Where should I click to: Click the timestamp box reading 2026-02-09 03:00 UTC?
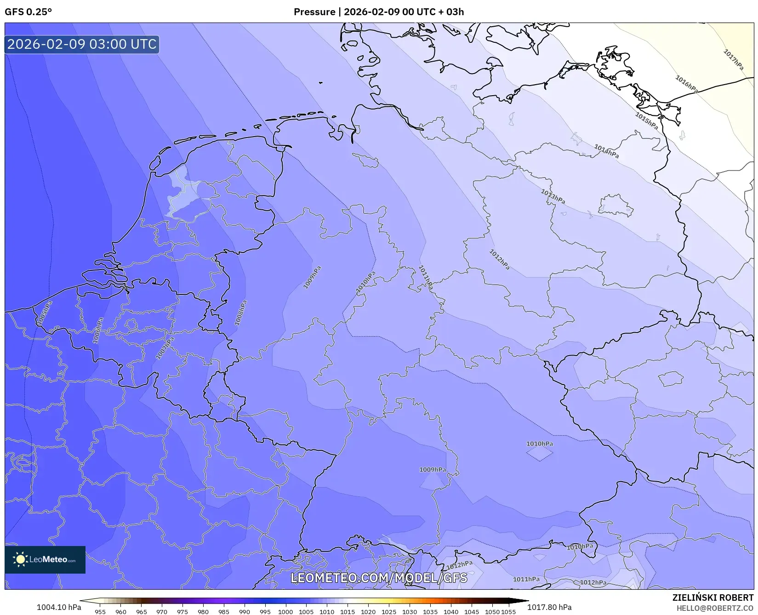click(x=82, y=44)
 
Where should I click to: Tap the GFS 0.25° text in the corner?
click(x=28, y=12)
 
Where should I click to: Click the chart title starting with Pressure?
click(x=379, y=12)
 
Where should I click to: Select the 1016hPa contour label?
click(x=686, y=84)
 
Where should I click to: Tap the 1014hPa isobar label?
click(x=606, y=151)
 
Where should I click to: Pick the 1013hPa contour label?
click(x=553, y=197)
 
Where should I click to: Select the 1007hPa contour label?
click(x=165, y=348)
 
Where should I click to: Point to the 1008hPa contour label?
click(x=240, y=313)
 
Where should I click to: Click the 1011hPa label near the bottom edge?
click(x=526, y=579)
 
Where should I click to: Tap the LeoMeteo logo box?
click(x=45, y=559)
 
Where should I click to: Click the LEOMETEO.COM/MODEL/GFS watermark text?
click(x=379, y=578)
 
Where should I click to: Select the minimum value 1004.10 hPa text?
click(x=59, y=607)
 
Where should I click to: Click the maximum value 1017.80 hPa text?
click(x=549, y=607)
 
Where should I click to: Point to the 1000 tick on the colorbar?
click(x=285, y=612)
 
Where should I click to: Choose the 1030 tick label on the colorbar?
click(x=409, y=612)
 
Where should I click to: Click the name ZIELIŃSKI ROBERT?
click(x=713, y=598)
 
